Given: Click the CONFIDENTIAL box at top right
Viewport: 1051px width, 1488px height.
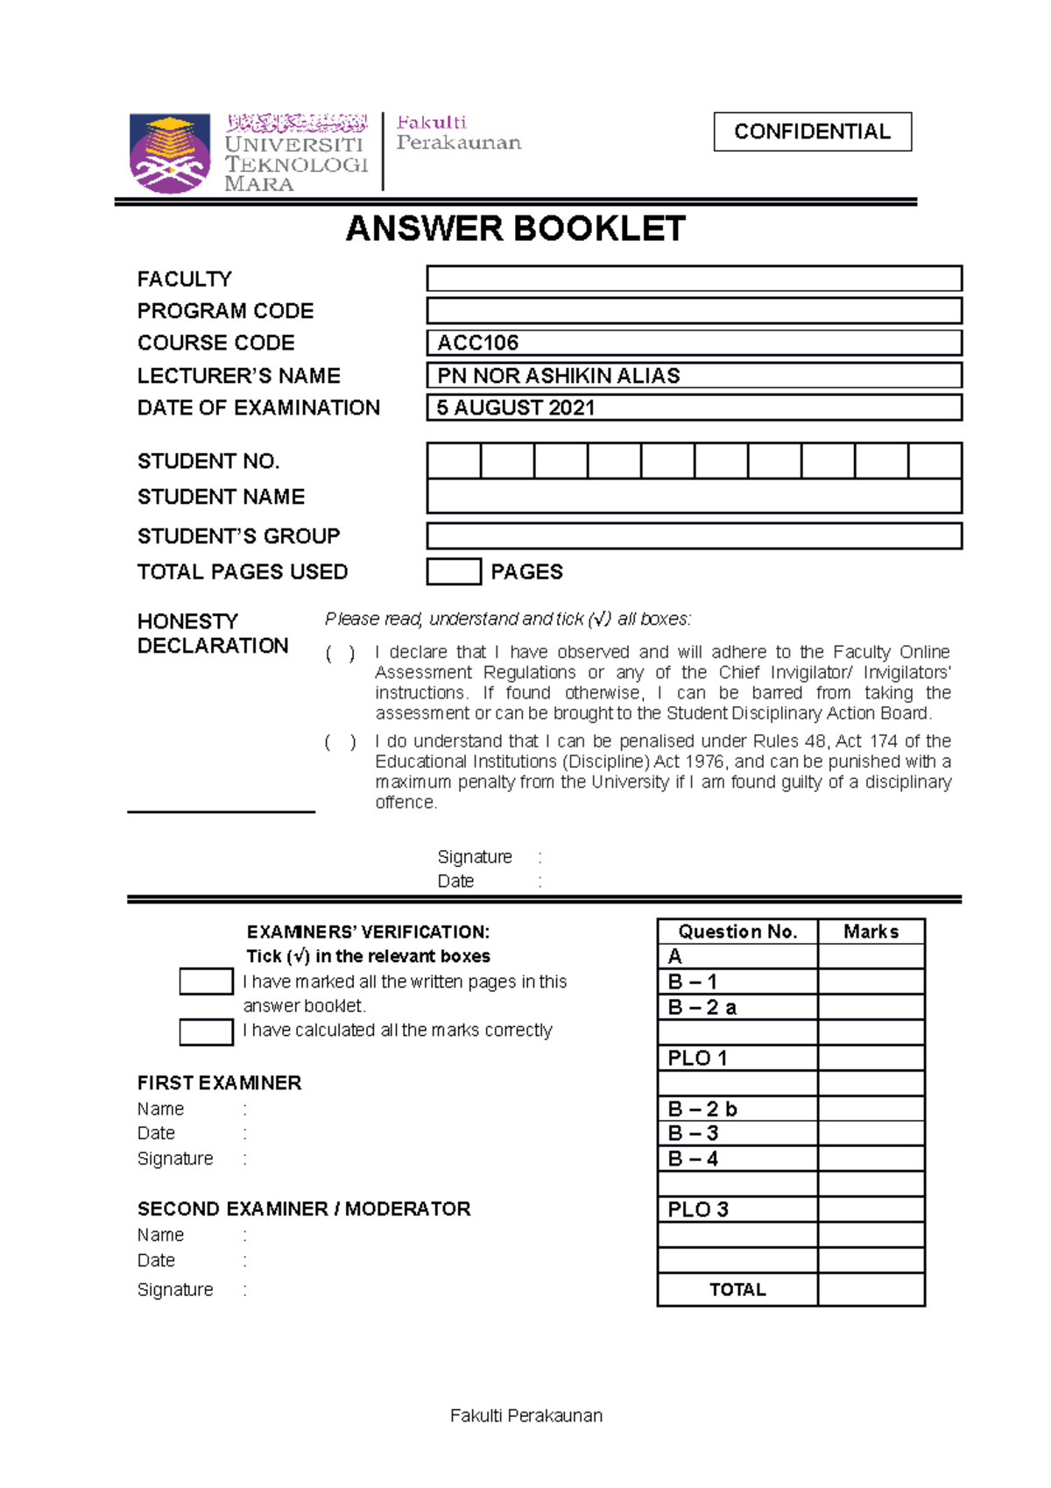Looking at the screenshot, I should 812,131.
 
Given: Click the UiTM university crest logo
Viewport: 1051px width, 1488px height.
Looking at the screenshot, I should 169,152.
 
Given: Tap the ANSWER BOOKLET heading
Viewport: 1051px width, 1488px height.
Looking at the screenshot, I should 515,229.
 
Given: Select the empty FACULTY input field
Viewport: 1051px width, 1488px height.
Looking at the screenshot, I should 694,279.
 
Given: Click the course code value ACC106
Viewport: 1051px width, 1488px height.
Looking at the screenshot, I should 478,343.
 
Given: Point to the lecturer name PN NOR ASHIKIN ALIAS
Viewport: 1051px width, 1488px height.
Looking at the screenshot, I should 558,375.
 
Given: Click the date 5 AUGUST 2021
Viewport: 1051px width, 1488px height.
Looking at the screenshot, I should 516,407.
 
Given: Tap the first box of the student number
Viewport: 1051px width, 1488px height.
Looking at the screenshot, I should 454,461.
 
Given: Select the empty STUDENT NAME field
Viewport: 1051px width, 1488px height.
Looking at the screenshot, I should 694,497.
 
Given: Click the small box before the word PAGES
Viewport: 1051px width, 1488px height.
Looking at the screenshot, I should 454,571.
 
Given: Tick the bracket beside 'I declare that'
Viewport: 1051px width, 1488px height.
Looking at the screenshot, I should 340,654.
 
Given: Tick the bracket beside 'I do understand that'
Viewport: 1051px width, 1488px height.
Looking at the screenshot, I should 340,742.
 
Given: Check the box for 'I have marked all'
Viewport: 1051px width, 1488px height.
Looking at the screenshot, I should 206,981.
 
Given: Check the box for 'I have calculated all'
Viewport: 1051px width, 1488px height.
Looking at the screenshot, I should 206,1031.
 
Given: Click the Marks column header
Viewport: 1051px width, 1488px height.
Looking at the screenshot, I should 871,932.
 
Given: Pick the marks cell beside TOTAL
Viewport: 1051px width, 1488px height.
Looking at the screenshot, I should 871,1289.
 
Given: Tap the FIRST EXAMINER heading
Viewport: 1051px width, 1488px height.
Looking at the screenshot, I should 219,1083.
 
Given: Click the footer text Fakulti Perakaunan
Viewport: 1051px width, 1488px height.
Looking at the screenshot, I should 525,1415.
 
